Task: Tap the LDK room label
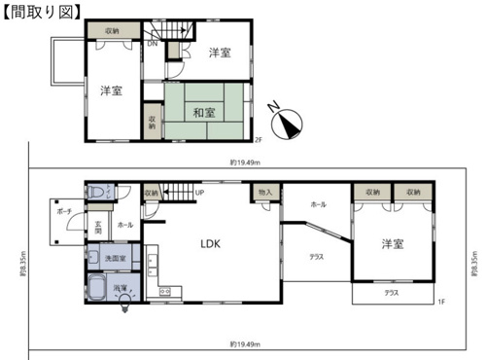pos(212,245)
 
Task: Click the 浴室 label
pos(119,289)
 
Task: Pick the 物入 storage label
pos(265,194)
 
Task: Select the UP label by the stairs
pos(198,193)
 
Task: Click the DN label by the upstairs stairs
pos(152,44)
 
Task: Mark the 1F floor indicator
pos(440,302)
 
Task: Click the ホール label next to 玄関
pos(125,225)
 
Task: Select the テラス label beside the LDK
pos(316,256)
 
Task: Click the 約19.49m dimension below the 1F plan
pos(243,342)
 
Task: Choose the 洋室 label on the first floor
pos(392,243)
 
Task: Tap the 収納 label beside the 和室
pos(153,123)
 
